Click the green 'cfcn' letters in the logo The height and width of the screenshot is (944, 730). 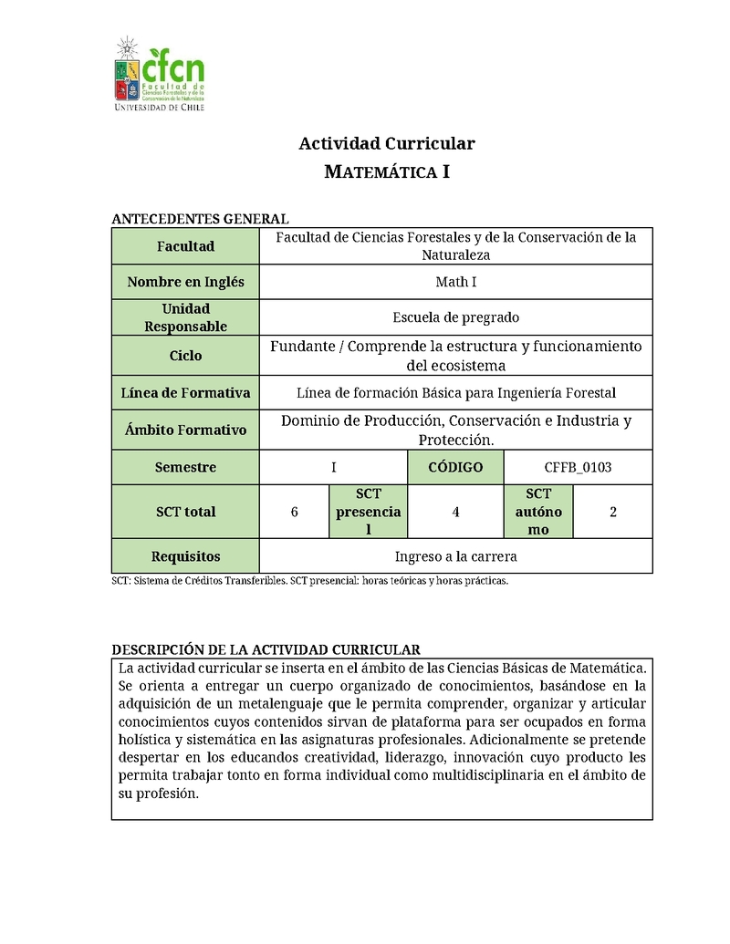click(x=173, y=67)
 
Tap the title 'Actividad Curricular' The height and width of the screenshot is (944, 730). click(x=387, y=143)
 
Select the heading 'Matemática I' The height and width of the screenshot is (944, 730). click(x=387, y=171)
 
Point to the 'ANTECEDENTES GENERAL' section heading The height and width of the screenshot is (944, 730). click(x=200, y=219)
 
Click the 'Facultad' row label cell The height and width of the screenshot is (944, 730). click(x=185, y=246)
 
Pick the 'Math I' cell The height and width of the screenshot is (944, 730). click(x=455, y=282)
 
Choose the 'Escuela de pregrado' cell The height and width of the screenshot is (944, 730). click(x=455, y=317)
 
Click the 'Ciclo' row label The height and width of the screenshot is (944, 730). click(x=185, y=356)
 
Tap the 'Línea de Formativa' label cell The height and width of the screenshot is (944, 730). click(x=185, y=393)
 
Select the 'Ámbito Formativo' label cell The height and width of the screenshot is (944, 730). click(x=185, y=430)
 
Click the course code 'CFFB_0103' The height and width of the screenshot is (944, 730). click(x=578, y=467)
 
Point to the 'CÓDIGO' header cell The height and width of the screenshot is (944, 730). click(x=455, y=467)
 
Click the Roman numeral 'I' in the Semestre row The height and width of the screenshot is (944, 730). click(x=334, y=467)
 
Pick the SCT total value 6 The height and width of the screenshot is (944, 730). click(x=294, y=512)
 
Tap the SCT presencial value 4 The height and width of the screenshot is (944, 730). click(x=455, y=512)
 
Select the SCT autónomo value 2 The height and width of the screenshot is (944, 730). click(x=613, y=512)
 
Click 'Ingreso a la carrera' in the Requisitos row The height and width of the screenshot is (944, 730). click(x=455, y=555)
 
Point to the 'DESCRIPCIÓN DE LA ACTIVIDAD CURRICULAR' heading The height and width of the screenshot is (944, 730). click(x=266, y=649)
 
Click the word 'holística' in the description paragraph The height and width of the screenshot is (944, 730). click(x=147, y=739)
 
